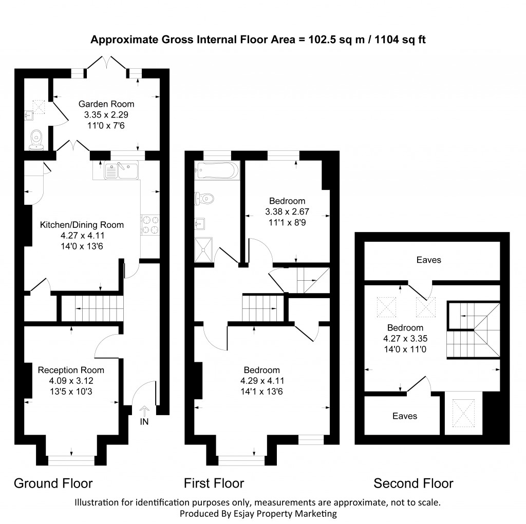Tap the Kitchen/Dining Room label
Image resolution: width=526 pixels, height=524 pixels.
point(82,225)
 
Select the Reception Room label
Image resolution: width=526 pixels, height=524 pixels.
point(71,370)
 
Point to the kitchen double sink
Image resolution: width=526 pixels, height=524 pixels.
point(121,170)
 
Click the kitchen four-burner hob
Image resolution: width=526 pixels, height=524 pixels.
point(150,224)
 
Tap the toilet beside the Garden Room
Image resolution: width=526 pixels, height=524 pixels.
point(36,138)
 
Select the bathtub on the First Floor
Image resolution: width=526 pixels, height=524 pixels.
point(216,170)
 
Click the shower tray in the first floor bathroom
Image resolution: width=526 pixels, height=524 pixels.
point(206,249)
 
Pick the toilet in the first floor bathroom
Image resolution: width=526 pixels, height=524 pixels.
point(205,198)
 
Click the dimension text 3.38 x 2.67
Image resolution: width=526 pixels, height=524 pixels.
point(285,211)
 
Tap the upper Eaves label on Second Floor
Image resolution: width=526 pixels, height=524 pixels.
point(428,260)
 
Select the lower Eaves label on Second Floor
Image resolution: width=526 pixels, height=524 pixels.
point(404,416)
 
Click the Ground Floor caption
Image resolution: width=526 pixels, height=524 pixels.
point(53,483)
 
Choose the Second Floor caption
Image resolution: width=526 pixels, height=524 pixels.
point(413,483)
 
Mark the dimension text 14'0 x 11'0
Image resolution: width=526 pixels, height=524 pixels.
point(405,348)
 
